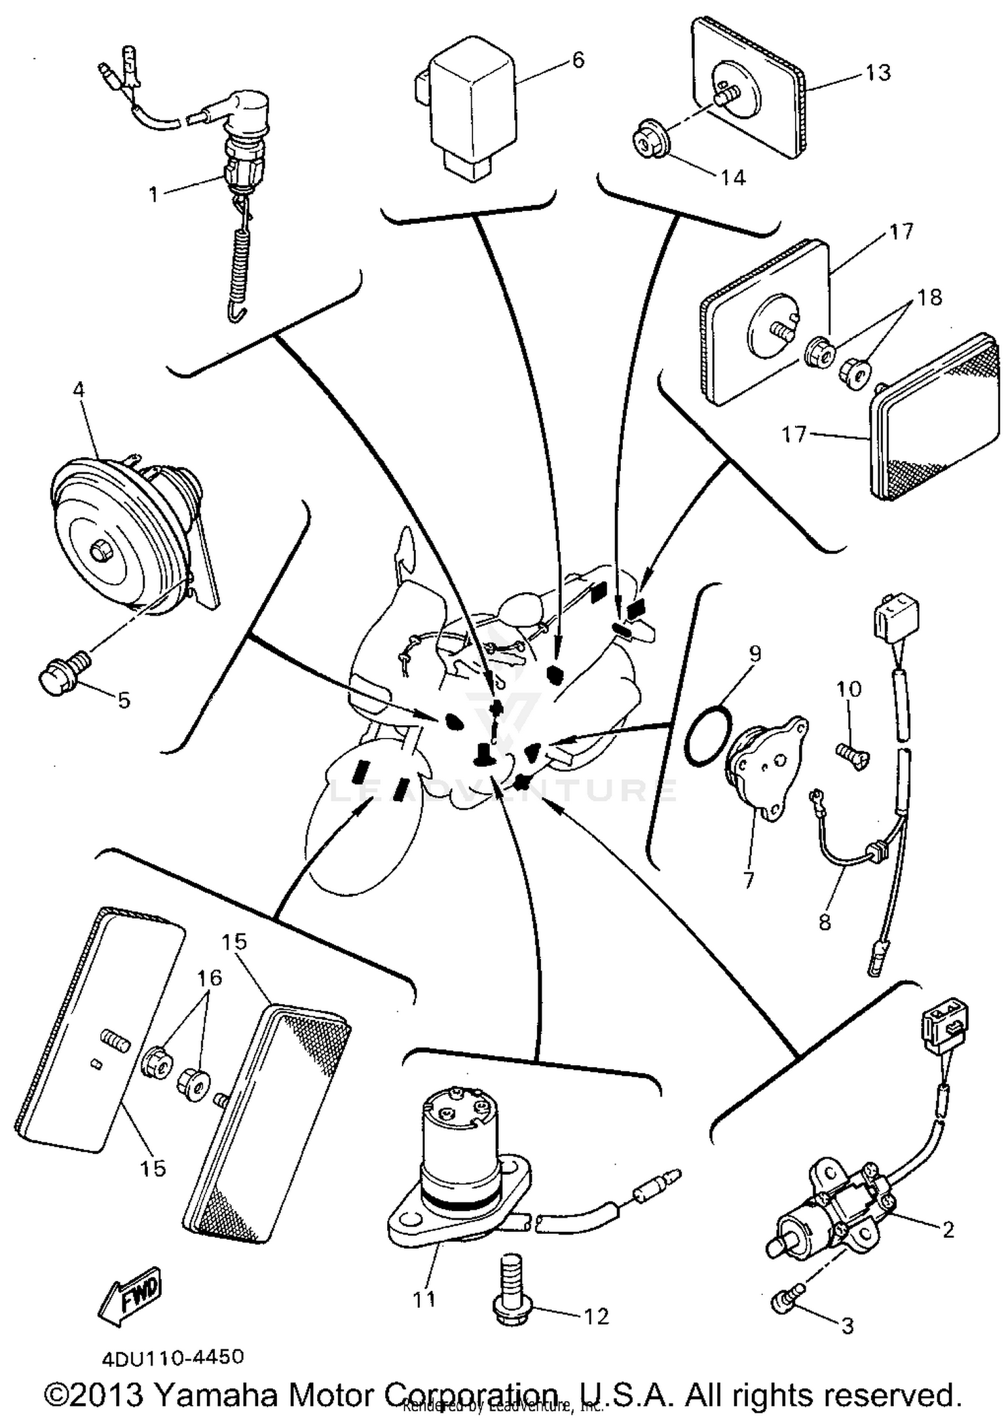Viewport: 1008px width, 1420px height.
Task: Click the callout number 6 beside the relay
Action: [x=578, y=60]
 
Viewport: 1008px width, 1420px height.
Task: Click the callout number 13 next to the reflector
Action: [x=877, y=73]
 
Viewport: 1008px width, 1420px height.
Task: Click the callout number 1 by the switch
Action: [x=153, y=195]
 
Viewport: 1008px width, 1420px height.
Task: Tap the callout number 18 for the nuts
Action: [x=929, y=297]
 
